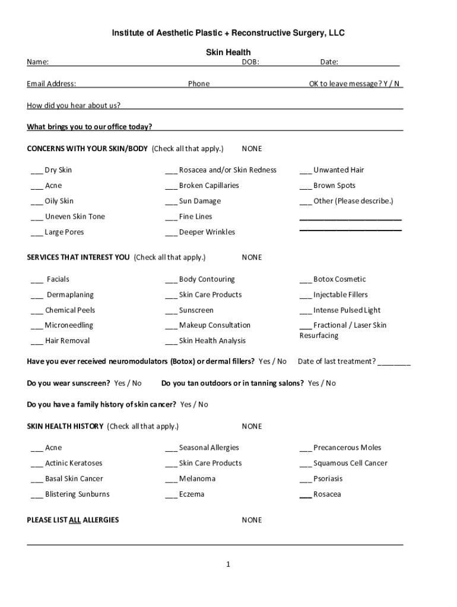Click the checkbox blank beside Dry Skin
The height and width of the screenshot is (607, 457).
pos(37,171)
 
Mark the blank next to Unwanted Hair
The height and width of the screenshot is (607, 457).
pos(306,171)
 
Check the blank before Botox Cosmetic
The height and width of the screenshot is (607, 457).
pos(306,280)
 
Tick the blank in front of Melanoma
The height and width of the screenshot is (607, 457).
pos(171,479)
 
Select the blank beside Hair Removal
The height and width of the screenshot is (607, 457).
pos(37,341)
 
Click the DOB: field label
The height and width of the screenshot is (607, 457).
pos(250,62)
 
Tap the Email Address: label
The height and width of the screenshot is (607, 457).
pos(51,84)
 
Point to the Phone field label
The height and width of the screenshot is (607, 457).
pos(199,84)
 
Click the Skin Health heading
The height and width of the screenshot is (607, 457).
pos(228,53)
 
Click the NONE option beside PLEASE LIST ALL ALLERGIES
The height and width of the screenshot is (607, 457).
pos(252,520)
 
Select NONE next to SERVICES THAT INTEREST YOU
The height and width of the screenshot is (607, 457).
pos(252,257)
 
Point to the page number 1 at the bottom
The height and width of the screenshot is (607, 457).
pos(228,564)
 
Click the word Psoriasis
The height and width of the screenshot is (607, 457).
pos(328,478)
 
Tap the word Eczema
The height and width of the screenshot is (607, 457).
pos(192,494)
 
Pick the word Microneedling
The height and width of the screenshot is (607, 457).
pos(69,325)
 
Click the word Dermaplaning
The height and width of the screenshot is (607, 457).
pos(70,295)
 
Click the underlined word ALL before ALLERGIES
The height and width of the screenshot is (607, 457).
pos(75,520)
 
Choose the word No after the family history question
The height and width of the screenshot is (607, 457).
pos(203,404)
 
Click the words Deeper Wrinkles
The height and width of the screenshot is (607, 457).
pos(207,232)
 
